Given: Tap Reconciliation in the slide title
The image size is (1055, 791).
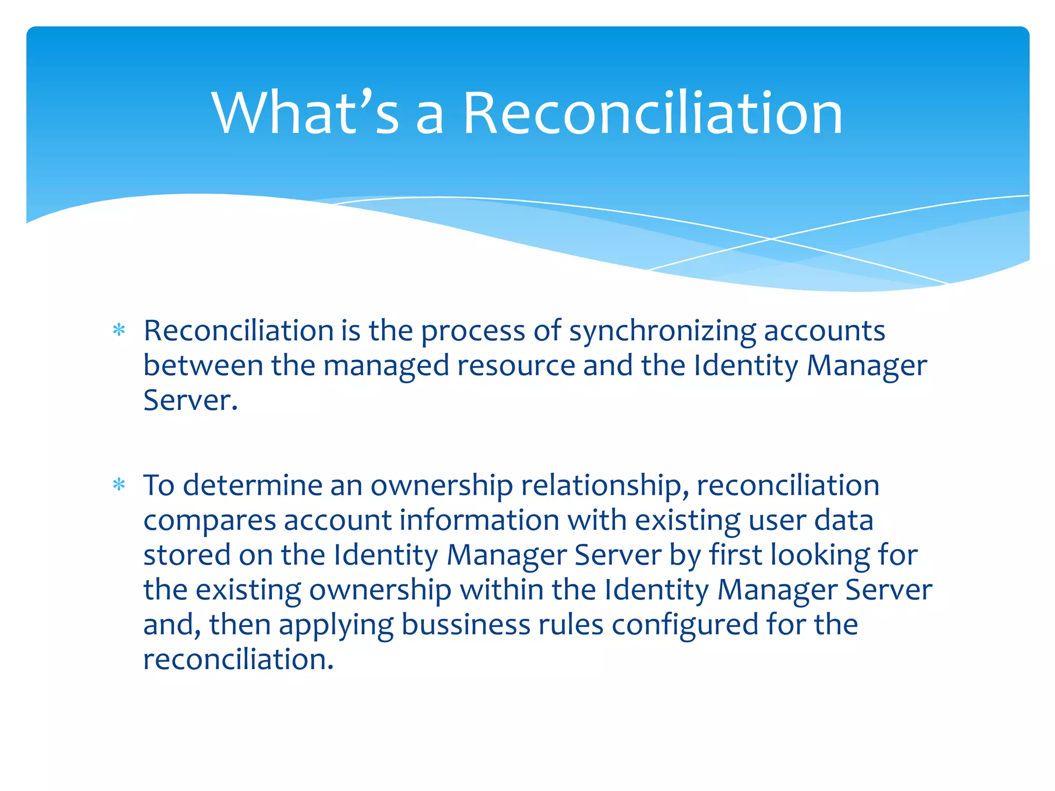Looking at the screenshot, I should pos(652,113).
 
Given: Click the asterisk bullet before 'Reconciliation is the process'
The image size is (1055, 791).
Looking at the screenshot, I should pos(119,330).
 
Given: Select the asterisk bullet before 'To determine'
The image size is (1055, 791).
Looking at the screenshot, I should pos(119,485).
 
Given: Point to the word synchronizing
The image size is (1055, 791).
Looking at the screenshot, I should pos(662,331).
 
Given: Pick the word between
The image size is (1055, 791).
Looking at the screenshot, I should pos(203,365).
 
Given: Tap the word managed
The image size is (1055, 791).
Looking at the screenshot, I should pos(386,366).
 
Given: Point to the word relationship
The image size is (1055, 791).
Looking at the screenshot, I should pos(605,485).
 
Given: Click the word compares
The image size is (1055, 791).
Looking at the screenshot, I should pos(209,521).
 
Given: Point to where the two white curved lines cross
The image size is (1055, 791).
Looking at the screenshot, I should pos(771,239).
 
